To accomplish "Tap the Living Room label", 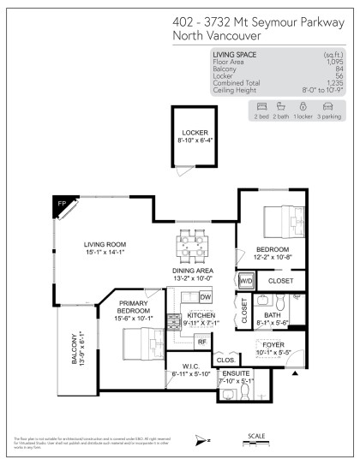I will click(105, 247).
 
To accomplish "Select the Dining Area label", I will click(193, 273).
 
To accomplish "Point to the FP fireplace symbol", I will click(62, 205).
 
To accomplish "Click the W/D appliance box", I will click(246, 280).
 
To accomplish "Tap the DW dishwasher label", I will click(205, 296).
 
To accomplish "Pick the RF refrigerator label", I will click(202, 342).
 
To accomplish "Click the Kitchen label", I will click(202, 319).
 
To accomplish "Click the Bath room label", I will click(272, 319).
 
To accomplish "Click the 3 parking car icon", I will click(327, 107).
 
